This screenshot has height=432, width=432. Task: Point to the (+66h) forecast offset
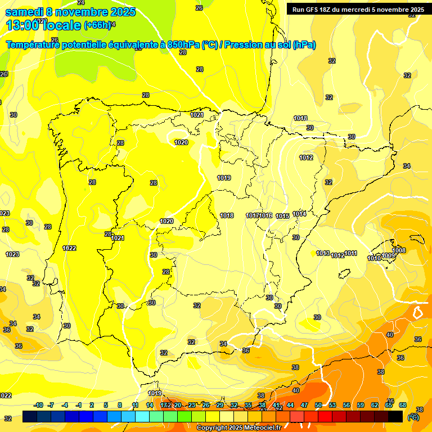(98, 25)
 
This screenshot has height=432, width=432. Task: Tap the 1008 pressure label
(399, 250)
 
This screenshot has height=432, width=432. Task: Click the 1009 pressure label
(388, 256)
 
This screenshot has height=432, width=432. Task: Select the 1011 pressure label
(351, 254)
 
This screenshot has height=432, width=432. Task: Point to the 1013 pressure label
(323, 254)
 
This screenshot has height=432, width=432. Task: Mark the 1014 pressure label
(299, 214)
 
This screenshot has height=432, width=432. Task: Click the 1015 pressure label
(282, 217)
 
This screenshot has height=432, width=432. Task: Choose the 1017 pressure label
(253, 216)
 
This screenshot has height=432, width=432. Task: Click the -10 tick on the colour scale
(38, 405)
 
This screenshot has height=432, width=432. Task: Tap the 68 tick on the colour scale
(403, 405)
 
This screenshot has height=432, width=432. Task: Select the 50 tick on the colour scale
(318, 405)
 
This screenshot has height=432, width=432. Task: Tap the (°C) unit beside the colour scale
(413, 417)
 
